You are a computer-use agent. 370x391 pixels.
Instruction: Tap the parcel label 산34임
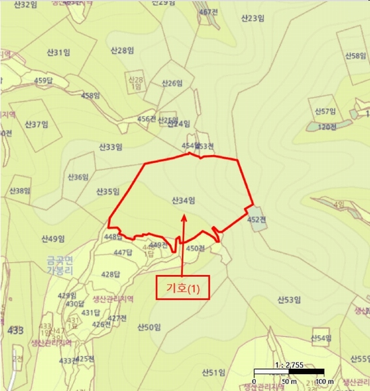(183, 199)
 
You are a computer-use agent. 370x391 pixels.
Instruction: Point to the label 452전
(257, 220)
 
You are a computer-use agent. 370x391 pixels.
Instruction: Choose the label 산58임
(355, 56)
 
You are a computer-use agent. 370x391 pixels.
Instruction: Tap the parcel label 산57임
(324, 111)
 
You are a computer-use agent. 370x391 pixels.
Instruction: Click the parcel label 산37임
(37, 124)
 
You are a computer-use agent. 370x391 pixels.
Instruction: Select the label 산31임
(57, 52)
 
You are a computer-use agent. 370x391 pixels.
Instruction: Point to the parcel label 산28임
(122, 50)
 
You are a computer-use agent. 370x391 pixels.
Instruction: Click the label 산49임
(52, 238)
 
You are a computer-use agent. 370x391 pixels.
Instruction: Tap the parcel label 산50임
(149, 327)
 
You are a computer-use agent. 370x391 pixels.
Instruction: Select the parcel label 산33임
(110, 147)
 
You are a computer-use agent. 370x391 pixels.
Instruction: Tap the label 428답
(112, 274)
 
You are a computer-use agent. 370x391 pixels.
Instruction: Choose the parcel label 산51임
(213, 372)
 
